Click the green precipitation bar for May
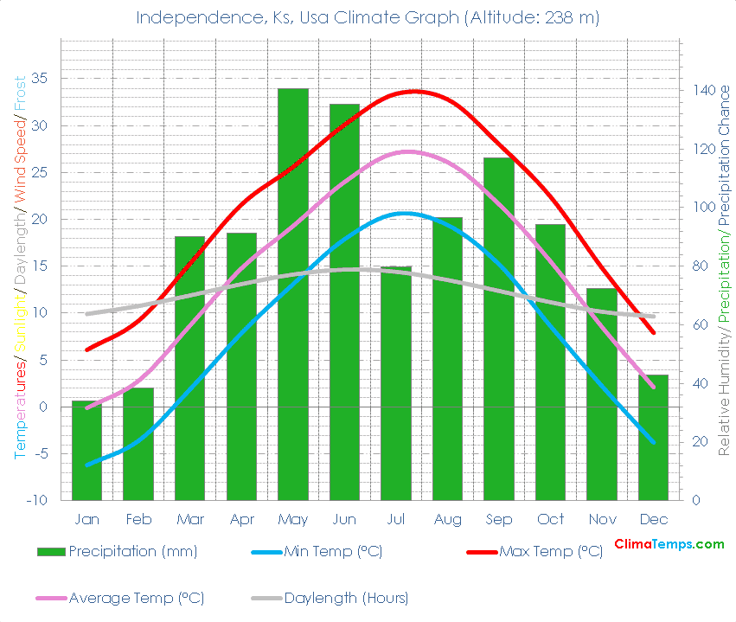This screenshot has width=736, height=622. point(293,294)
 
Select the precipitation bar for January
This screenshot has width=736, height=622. point(86,450)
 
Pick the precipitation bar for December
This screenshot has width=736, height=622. point(654,437)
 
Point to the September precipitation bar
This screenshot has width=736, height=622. point(499,329)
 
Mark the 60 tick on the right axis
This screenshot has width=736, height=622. point(699,325)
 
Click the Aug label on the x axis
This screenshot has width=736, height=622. point(447,520)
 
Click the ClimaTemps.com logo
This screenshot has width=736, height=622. point(669,544)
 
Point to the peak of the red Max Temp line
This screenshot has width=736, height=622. point(415,91)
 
